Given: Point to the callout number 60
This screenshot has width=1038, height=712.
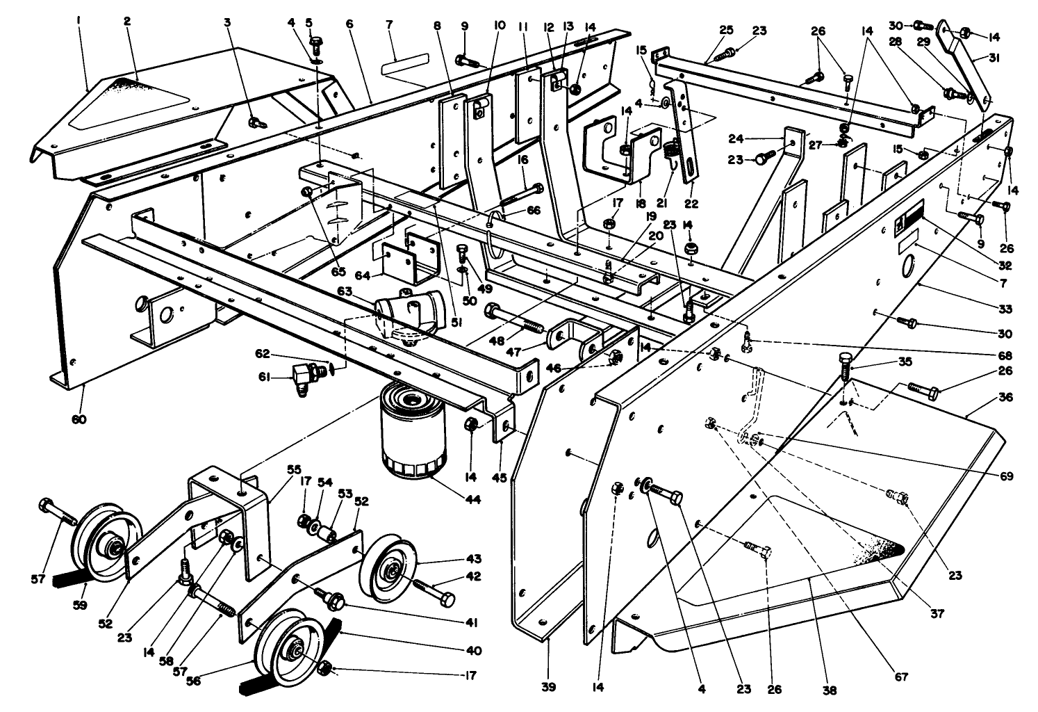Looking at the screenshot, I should click(79, 419).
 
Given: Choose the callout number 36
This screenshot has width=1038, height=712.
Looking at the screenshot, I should click(1005, 398).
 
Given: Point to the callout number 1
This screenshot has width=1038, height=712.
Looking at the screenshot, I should click(79, 22).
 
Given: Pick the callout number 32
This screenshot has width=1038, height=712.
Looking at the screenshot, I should click(1005, 266).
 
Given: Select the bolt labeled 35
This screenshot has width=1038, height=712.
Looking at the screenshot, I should click(845, 365).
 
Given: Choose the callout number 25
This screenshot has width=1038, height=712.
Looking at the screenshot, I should click(726, 31).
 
